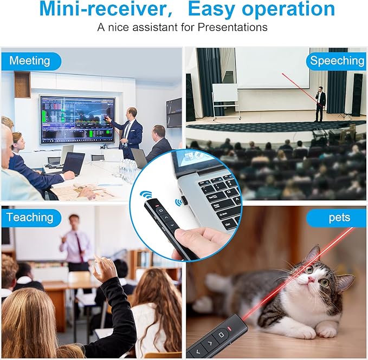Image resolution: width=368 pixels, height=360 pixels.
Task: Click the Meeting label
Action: point(29,60)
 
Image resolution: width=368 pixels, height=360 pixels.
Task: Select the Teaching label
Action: point(30,218)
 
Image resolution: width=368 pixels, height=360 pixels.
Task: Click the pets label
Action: point(339,218)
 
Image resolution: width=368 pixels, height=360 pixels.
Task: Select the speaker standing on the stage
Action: point(320,103)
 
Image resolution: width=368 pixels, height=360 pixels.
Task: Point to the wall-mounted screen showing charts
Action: point(77,119)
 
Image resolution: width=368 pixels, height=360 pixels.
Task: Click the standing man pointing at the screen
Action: point(130,130)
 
